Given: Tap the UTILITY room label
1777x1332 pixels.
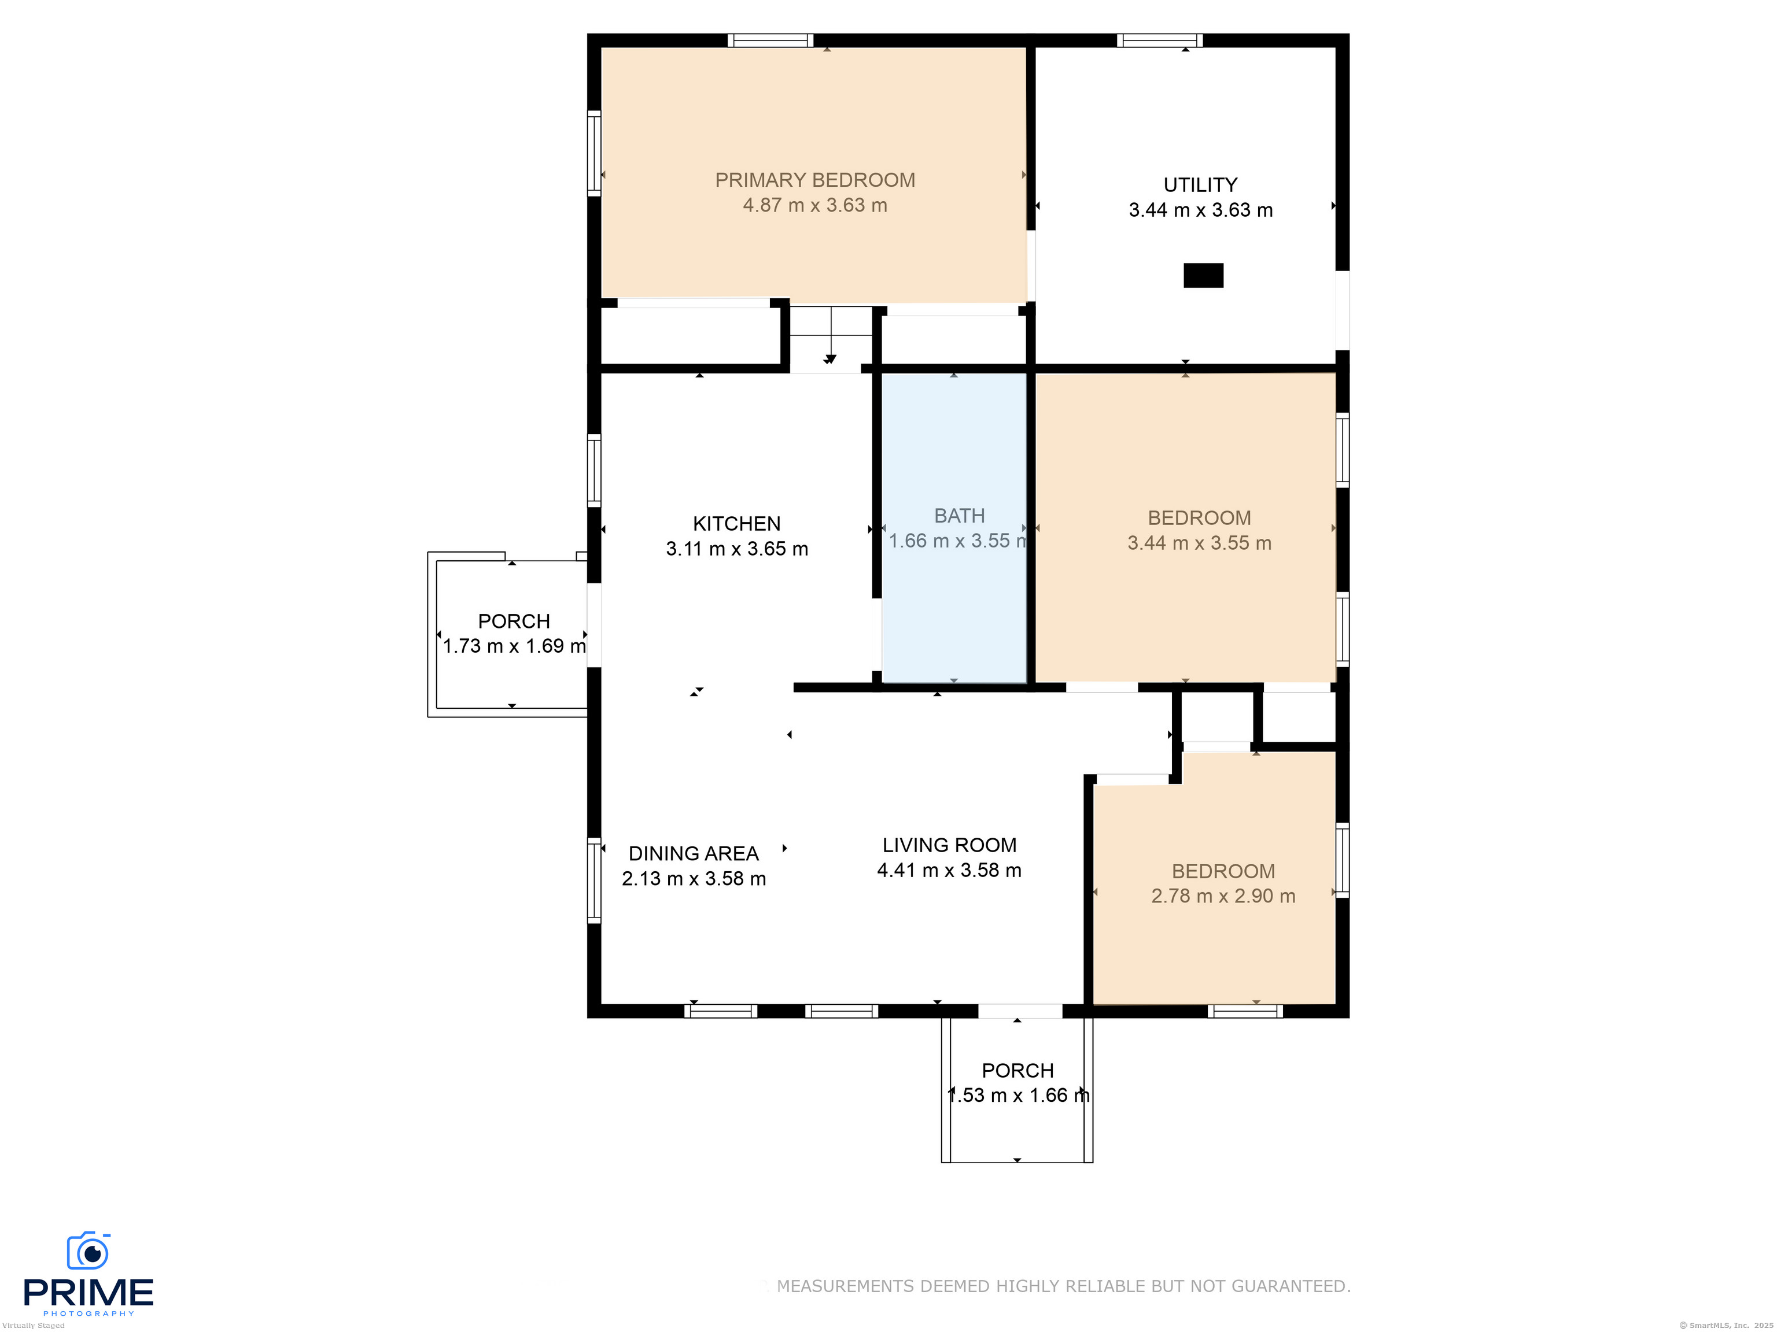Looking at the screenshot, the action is click(1200, 184).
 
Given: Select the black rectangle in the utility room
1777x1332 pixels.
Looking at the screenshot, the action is click(1203, 275).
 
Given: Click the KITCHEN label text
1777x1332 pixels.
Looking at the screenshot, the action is click(737, 523).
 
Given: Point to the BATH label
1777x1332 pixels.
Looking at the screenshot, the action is click(959, 516).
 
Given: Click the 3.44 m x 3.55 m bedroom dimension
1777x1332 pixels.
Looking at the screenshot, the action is click(1199, 543).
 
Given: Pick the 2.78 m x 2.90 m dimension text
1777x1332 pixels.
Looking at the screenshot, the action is click(1223, 896).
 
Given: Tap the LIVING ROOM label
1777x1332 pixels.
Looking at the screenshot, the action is click(950, 845).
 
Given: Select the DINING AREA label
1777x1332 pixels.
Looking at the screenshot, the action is click(694, 853).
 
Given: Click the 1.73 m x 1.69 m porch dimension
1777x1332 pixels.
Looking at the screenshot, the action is click(515, 646).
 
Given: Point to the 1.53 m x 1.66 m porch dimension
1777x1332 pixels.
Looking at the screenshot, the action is click(1019, 1095).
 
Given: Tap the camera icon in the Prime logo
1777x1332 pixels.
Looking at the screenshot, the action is click(89, 1250).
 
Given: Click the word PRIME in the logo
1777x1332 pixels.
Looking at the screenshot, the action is click(89, 1293).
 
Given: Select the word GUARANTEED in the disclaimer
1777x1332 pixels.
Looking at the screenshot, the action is click(1289, 1286).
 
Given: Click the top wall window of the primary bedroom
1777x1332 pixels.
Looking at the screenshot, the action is click(770, 40).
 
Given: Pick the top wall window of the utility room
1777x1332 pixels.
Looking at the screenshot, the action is click(1159, 40).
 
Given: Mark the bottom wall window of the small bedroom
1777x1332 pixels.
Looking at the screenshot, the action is click(1245, 1011).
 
